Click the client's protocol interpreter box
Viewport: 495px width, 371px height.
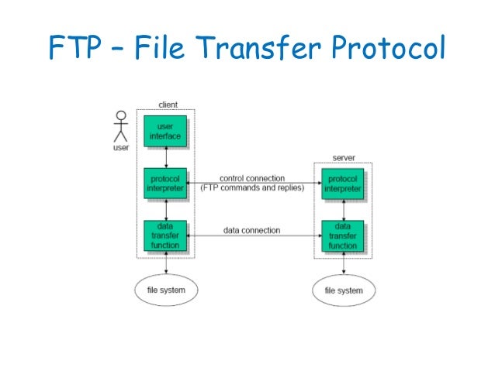(164, 183)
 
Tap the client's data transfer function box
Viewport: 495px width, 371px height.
(164, 235)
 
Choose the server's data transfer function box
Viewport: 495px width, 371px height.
(341, 235)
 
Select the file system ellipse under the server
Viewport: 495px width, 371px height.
(343, 291)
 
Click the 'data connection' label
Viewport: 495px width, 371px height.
(252, 230)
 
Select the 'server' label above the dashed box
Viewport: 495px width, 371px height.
(342, 157)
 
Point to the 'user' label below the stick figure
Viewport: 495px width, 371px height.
(120, 147)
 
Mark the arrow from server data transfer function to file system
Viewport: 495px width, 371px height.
(342, 263)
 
